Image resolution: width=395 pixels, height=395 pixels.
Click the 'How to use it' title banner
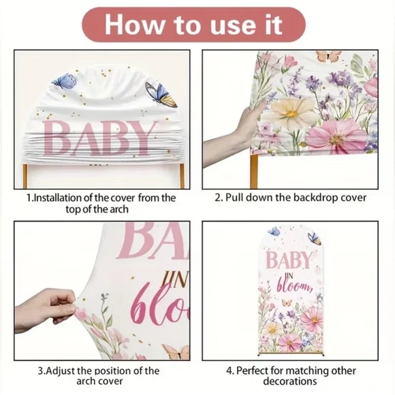coord(193,25)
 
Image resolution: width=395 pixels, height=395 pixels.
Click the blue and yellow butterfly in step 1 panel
coord(161,95)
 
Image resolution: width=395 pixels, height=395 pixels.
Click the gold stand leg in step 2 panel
coord(254,172)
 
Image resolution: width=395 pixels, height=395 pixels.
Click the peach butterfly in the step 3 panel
coord(176,352)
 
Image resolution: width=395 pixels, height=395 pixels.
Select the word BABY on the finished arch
coord(289,260)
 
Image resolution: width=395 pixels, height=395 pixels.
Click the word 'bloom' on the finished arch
coord(295,286)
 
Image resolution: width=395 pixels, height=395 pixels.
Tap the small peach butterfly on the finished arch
coord(287,302)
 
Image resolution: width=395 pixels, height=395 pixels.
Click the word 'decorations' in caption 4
coord(290,381)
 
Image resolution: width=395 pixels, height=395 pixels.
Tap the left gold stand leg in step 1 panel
coord(25,176)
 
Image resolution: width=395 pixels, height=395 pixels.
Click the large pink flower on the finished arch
coord(312,319)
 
